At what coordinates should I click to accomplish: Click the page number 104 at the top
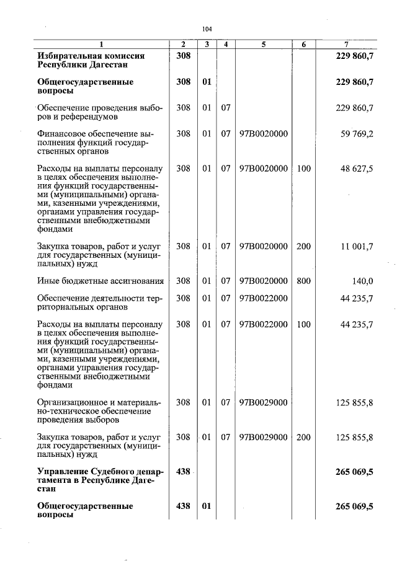pos(207,29)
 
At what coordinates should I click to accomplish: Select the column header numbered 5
pos(264,44)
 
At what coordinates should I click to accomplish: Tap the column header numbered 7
pos(346,44)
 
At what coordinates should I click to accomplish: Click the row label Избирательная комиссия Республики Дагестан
pos(91,60)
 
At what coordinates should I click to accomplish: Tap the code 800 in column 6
pos(303,281)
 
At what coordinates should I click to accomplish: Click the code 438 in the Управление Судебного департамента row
pos(183,472)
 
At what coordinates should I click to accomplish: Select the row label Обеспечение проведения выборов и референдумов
pos(99,112)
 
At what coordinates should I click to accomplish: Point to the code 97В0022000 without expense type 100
pos(264,298)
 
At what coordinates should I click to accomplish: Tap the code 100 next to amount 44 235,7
pos(303,324)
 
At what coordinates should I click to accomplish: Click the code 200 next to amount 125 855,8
pos(303,437)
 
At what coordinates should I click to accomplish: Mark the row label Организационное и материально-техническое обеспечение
pos(99,411)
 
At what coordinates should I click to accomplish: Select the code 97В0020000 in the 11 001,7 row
pos(264,246)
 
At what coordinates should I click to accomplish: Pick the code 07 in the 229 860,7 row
pos(226,108)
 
